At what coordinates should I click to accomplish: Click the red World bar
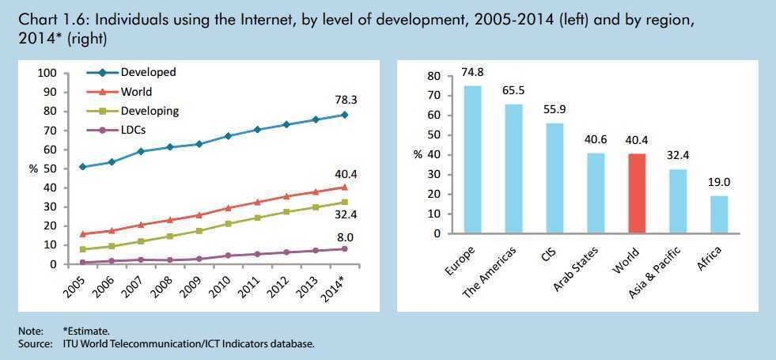(636, 193)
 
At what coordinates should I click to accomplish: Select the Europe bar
(472, 159)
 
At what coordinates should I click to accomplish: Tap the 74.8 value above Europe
(472, 72)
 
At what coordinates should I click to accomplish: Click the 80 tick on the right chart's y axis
(432, 76)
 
